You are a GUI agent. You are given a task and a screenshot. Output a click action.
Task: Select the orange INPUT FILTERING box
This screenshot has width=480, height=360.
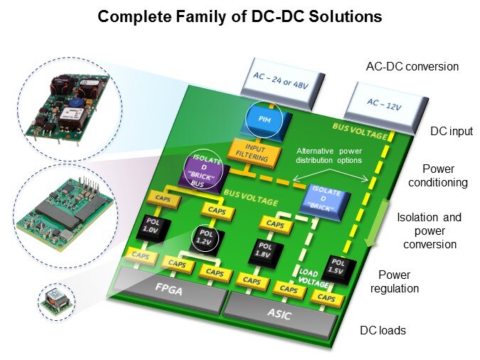tap(248, 151)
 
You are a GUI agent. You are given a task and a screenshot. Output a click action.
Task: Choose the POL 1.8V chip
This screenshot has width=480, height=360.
tap(263, 250)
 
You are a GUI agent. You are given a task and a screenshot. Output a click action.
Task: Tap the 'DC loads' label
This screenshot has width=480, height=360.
tap(382, 331)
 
